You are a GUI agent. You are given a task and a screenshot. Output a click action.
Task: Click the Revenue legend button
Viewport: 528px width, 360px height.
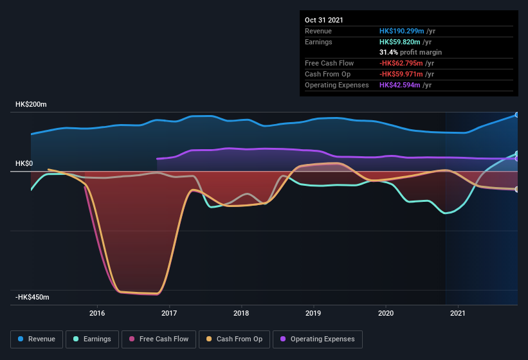37,339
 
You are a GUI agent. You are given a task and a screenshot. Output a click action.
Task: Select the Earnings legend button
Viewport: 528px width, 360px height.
93,339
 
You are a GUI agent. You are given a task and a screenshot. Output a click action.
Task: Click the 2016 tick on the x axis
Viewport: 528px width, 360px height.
97,314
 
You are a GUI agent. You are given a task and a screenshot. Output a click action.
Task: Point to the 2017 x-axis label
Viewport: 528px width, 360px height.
169,314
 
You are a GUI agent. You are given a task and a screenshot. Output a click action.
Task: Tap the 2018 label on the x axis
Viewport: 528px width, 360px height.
241,314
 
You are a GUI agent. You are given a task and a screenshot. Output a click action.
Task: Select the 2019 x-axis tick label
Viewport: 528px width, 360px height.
313,314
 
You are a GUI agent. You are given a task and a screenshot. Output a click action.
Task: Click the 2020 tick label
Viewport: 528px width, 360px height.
386,314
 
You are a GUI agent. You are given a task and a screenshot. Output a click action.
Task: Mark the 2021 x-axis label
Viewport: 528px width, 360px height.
458,314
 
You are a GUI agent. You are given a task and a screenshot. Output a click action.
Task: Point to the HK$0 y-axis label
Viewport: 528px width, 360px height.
24,163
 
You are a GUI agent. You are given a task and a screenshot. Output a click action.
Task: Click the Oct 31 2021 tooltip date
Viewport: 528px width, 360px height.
324,20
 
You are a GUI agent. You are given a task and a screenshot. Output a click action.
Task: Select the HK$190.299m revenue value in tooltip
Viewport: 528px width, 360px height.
402,31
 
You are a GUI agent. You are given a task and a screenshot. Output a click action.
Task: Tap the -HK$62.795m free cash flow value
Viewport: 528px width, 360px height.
401,63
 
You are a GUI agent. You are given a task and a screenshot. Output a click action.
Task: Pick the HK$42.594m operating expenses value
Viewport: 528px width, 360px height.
402,85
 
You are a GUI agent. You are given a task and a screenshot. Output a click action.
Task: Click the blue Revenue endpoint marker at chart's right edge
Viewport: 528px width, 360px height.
517,115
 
